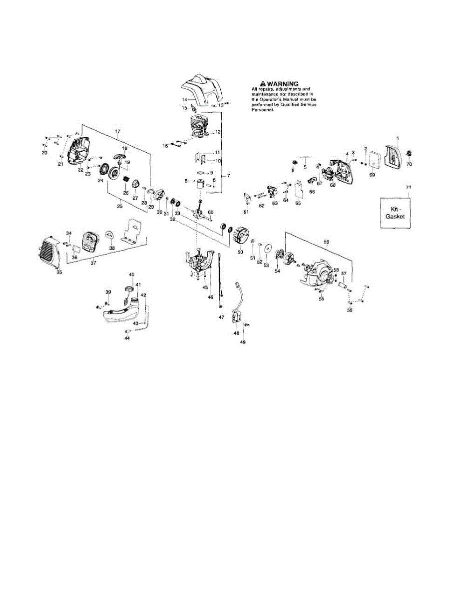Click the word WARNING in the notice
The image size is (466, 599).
tap(283, 84)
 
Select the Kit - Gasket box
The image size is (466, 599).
tap(394, 214)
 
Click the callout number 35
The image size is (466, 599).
tap(59, 272)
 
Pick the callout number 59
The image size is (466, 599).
tap(327, 242)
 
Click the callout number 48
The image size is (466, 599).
tap(236, 333)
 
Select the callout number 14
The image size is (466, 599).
tap(184, 100)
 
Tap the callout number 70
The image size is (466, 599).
tap(410, 163)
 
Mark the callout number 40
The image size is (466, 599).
tap(132, 275)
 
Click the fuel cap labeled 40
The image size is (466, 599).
tap(130, 290)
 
